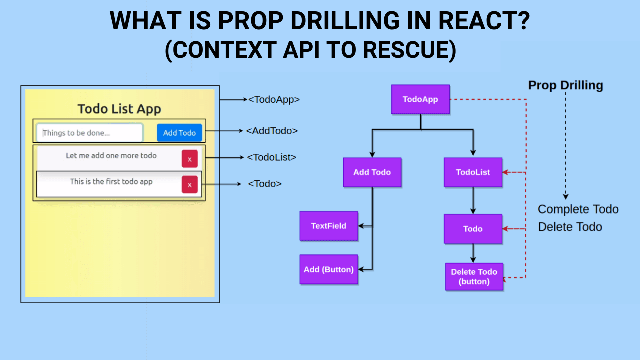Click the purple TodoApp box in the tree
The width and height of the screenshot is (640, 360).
coord(420,99)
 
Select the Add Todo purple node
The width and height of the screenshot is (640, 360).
coord(372,172)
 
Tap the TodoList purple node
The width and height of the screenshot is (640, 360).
coord(473,172)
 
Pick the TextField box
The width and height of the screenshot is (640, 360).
coord(328,226)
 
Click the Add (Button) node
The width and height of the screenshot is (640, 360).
coord(328,269)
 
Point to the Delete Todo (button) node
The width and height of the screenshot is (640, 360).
coord(474,276)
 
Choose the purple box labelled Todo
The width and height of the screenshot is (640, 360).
coord(473,229)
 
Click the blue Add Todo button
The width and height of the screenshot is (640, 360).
coord(179,133)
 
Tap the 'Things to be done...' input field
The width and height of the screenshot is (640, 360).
coord(90,133)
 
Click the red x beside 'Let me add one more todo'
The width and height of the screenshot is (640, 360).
coord(189,159)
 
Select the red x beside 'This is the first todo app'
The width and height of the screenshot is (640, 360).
coord(189,185)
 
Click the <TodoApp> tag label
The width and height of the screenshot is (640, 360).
coord(274,99)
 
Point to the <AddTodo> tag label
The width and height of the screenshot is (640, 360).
coord(272,131)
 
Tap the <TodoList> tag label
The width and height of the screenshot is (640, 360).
coord(271,157)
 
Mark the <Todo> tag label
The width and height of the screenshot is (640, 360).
coord(265,184)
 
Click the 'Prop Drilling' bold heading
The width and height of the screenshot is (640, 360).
coord(565,85)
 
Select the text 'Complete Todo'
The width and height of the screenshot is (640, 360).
coord(578,209)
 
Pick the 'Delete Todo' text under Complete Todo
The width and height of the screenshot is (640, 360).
coord(570,227)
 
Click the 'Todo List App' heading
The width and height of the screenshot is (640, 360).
coord(119,109)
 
